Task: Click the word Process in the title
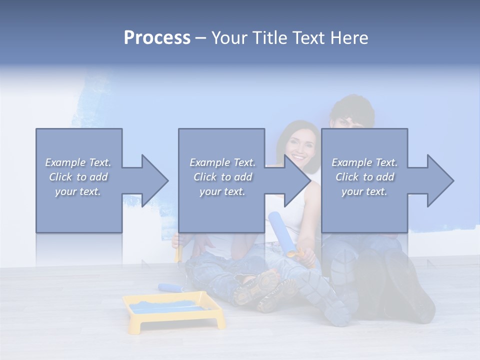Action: (157, 38)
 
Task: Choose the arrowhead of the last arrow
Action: (440, 180)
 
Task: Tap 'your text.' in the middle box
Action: (222, 191)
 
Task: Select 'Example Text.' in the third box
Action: (364, 162)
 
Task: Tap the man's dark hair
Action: (352, 107)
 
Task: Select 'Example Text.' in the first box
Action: (78, 162)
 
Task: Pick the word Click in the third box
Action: (347, 177)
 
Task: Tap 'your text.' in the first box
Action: (78, 191)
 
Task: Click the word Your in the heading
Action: (229, 38)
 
